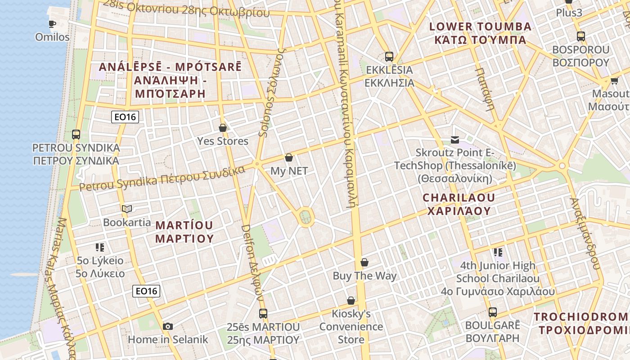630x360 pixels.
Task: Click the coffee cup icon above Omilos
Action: [x=52, y=24]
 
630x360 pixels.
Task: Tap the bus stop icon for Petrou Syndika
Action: [x=76, y=134]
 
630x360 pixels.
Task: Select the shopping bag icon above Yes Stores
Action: [x=222, y=128]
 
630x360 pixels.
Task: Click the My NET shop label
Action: [x=289, y=171]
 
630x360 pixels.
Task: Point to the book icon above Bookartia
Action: [x=127, y=209]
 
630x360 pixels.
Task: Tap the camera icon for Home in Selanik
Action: [x=167, y=326]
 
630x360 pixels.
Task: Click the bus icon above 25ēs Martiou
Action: [x=263, y=313]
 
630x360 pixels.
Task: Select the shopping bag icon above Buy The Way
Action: [x=364, y=262]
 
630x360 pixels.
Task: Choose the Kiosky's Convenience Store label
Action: [x=351, y=326]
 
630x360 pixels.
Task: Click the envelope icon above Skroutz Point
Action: [x=455, y=140]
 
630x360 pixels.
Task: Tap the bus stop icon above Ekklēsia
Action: [x=389, y=57]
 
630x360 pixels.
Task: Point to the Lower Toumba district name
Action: [x=480, y=33]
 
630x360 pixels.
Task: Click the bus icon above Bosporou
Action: [x=581, y=36]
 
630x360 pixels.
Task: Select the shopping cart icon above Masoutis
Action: [x=614, y=81]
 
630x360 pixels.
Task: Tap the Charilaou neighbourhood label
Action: [x=459, y=204]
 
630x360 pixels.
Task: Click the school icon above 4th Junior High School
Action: [x=498, y=252]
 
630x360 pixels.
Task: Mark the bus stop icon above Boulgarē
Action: [x=493, y=312]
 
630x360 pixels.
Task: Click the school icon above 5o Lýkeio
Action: [x=100, y=247]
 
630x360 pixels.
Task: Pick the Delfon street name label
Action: [x=252, y=261]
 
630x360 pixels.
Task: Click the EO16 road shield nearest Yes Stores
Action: [x=125, y=117]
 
